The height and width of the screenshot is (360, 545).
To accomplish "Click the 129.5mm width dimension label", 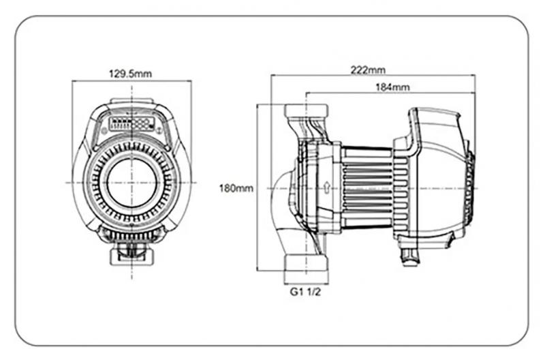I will point(131,73).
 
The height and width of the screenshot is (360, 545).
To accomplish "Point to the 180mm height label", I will point(236,188).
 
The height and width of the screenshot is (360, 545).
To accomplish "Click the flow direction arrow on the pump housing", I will point(327,185).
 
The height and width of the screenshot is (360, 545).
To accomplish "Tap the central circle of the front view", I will point(131,183).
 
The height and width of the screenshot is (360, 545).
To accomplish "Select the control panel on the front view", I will point(131,123).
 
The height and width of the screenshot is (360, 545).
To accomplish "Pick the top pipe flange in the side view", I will point(306,110).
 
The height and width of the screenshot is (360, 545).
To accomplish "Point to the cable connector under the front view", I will point(131,255).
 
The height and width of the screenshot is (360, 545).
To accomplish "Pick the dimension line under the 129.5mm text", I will point(131,81).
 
